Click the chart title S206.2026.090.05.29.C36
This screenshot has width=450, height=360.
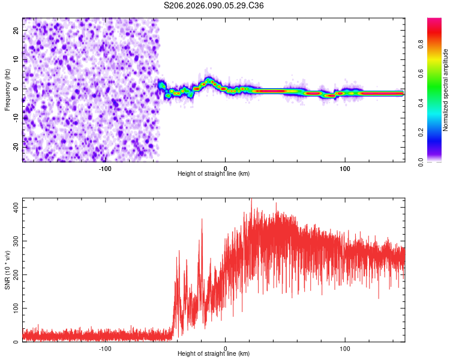(x=214, y=5)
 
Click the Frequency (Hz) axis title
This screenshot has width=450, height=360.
(x=7, y=90)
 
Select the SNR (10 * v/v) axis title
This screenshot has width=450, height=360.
(x=7, y=269)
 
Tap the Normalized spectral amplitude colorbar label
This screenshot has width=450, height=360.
(x=445, y=90)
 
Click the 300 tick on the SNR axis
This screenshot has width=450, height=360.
(x=13, y=241)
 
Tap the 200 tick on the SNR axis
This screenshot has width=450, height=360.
(x=13, y=274)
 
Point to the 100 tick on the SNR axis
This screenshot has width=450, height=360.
(x=13, y=308)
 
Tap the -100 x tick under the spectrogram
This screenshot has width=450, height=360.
(x=105, y=168)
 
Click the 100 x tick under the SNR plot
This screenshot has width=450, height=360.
(x=345, y=348)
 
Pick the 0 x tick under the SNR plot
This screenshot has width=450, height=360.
(x=225, y=348)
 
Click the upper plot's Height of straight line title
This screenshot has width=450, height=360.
(x=214, y=174)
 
